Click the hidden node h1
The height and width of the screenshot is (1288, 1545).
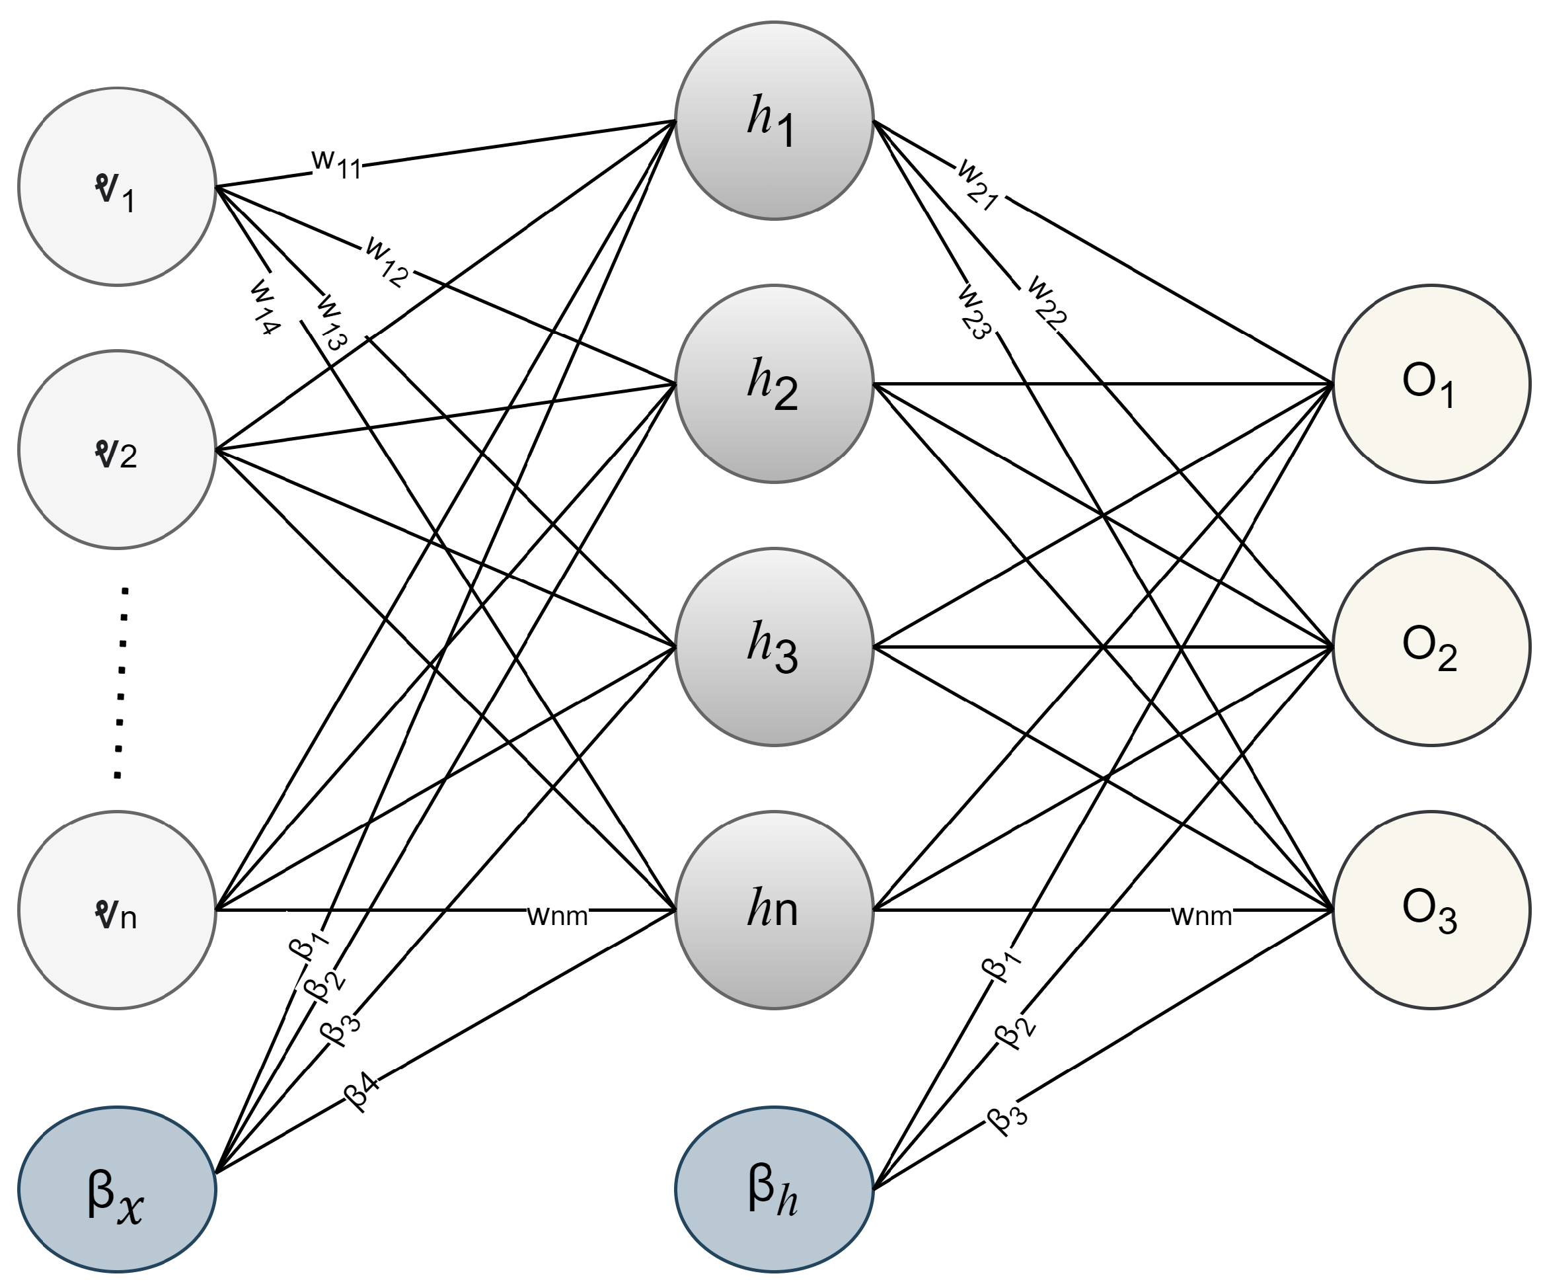[774, 121]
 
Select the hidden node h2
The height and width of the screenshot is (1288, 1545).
[774, 383]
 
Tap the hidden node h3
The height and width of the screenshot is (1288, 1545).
[774, 647]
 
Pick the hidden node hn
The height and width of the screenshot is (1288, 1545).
[774, 910]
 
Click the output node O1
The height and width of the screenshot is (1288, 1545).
[1431, 383]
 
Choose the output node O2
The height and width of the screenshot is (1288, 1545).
[1431, 647]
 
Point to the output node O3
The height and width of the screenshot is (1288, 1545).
[1431, 910]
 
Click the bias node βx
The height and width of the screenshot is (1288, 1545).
[117, 1189]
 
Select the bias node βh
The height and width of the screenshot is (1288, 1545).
[774, 1189]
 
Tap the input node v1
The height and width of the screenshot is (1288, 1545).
[117, 187]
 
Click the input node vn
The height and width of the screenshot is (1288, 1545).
[117, 910]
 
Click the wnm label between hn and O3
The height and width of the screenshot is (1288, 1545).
[1201, 916]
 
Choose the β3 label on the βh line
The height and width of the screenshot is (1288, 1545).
[1007, 1117]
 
